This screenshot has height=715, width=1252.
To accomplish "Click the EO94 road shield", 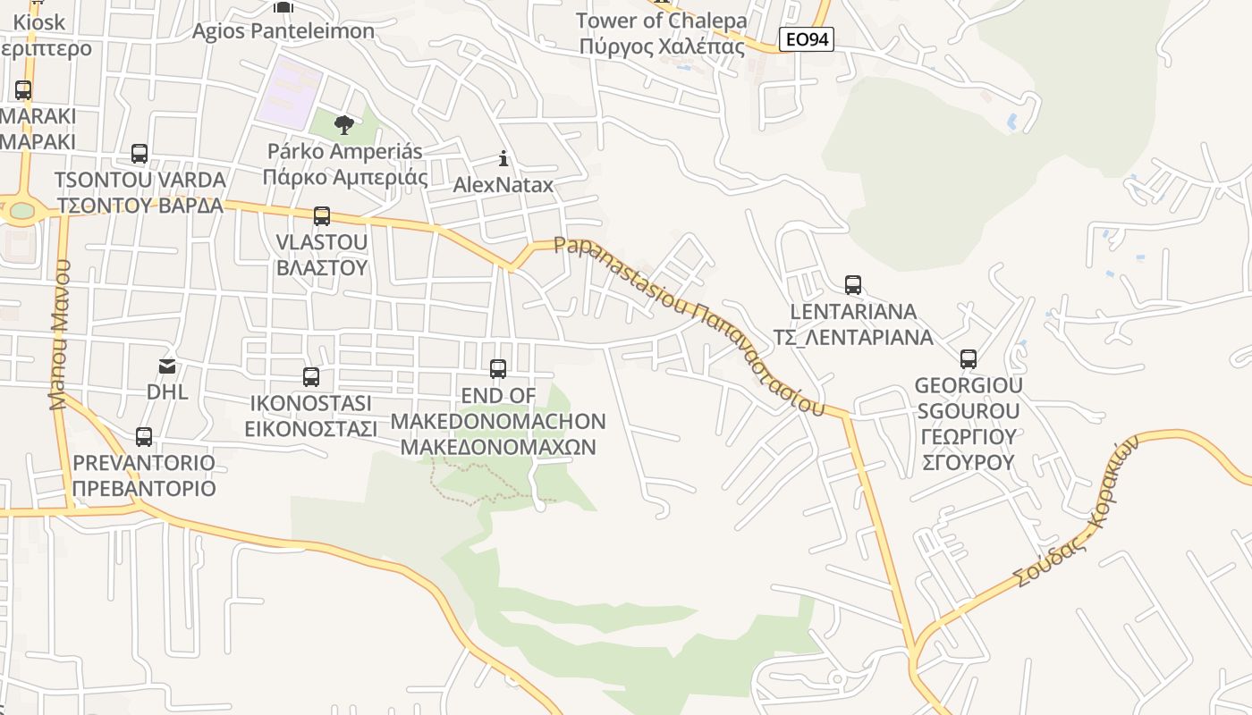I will [806, 39].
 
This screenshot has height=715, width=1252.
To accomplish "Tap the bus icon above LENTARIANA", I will [853, 285].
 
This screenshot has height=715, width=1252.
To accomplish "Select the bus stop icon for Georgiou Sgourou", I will [968, 359].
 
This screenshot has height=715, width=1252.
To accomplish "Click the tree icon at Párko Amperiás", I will [343, 124].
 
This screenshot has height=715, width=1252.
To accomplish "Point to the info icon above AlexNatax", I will [503, 159].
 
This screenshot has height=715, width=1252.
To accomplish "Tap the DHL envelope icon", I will [167, 366].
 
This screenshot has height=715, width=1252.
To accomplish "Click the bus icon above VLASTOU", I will [321, 215].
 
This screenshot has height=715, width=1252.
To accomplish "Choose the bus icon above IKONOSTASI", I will [310, 376].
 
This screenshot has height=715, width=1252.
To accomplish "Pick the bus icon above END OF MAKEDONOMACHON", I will [497, 368].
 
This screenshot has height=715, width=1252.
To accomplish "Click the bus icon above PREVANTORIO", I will [143, 437].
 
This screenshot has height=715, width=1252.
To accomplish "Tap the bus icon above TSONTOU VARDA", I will [139, 153].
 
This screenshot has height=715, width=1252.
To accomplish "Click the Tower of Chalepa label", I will [662, 21].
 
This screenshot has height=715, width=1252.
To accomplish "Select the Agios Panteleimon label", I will [283, 31].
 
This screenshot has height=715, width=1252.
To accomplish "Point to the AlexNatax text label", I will [503, 185].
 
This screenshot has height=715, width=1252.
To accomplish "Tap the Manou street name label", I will [59, 334].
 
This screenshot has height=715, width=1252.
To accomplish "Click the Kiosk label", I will [39, 21].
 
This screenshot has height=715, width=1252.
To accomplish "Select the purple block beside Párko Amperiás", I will [289, 90].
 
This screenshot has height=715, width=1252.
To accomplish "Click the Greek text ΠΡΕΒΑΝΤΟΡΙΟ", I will [144, 489].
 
